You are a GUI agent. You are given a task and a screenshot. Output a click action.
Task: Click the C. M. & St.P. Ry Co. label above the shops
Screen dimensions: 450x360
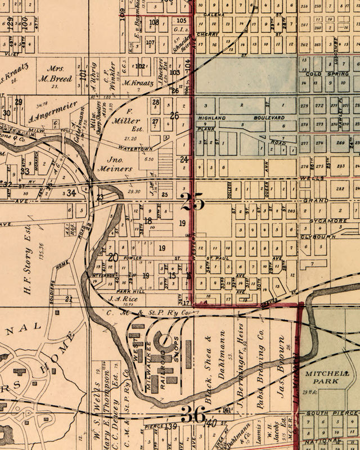coord(149,313)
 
